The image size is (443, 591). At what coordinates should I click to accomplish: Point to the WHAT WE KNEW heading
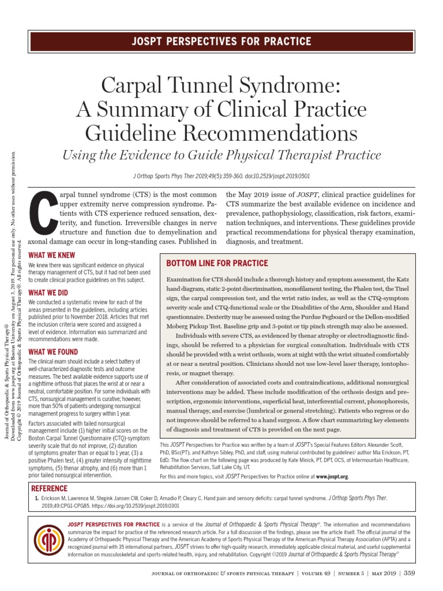tap(51, 255)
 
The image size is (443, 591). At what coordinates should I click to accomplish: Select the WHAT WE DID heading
tap(48, 293)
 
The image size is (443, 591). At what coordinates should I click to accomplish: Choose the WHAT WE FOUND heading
tap(54, 352)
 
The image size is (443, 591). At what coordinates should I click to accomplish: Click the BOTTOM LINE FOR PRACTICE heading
tap(217, 263)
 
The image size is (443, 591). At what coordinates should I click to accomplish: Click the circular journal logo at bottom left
tap(49, 545)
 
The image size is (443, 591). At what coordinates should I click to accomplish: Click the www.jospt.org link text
tap(332, 477)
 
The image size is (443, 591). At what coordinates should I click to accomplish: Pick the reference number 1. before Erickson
tap(36, 497)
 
